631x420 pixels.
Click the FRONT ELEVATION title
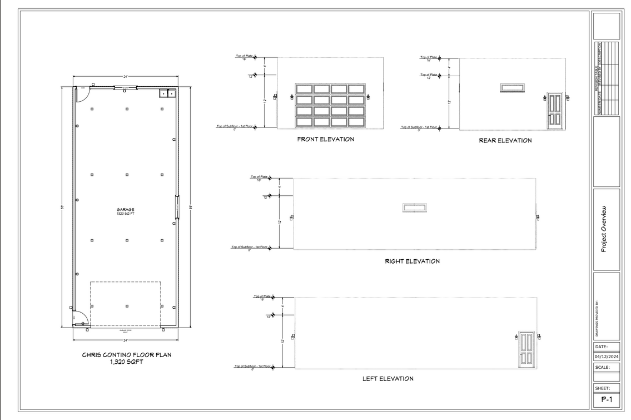click(x=325, y=139)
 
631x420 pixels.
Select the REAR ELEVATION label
click(x=505, y=140)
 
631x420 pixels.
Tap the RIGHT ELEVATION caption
click(x=412, y=261)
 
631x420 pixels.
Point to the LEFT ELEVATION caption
click(x=387, y=379)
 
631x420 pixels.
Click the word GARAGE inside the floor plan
click(x=125, y=210)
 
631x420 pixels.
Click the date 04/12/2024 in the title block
click(x=606, y=357)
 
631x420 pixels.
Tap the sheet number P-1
click(x=606, y=399)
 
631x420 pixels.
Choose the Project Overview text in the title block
click(x=605, y=229)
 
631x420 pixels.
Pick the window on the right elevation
click(x=414, y=207)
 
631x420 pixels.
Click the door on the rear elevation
click(x=555, y=110)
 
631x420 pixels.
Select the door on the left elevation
click(x=526, y=349)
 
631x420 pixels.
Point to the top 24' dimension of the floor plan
click(x=126, y=76)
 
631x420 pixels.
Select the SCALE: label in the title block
click(x=603, y=367)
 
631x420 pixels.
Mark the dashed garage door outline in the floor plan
click(x=126, y=303)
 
